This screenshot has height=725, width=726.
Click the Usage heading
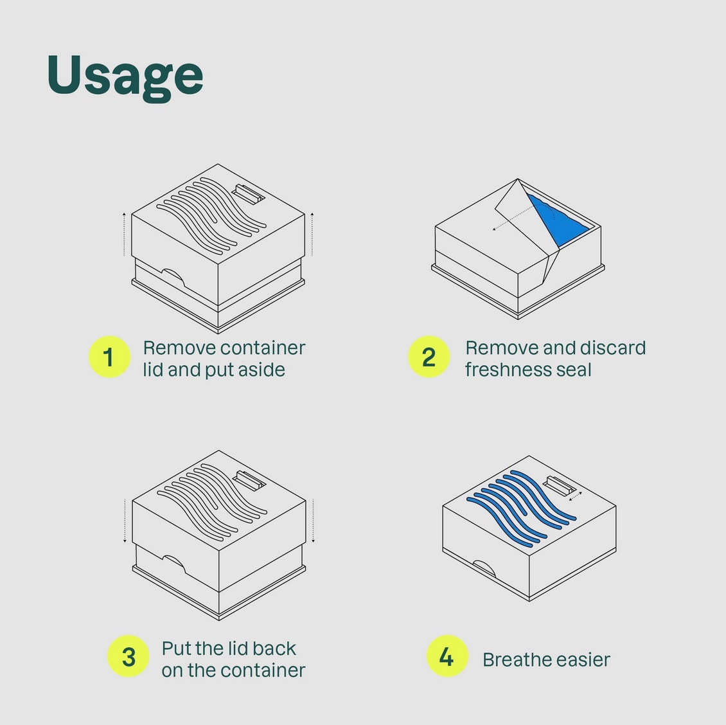(125, 77)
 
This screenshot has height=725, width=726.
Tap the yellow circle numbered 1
(109, 357)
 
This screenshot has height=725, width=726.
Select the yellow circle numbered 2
(429, 357)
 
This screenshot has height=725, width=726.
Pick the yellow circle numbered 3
(128, 656)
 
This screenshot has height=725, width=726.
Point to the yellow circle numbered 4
(447, 656)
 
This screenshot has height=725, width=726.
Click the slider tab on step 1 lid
(248, 193)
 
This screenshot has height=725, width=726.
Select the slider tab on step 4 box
(560, 485)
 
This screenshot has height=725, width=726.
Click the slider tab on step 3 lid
(249, 480)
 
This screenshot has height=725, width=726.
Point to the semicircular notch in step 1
(173, 276)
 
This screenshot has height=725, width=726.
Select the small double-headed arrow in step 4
(575, 496)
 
